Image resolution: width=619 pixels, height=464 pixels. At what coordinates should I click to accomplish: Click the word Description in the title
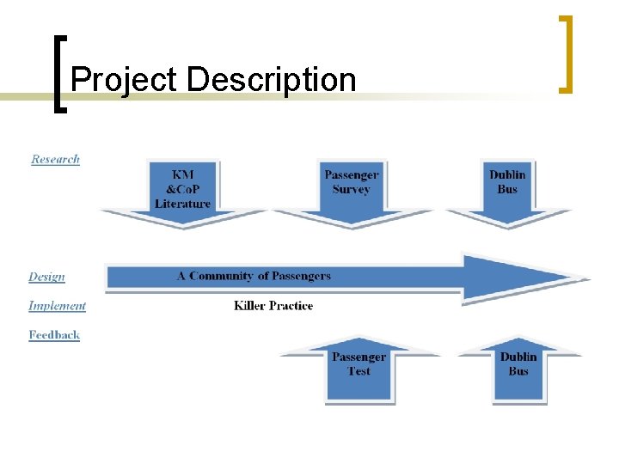click(271, 80)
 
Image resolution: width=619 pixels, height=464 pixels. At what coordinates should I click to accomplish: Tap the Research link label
click(55, 159)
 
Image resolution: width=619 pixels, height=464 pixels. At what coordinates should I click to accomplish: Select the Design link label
click(46, 277)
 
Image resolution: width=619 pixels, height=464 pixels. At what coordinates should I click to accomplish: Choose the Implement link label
click(57, 306)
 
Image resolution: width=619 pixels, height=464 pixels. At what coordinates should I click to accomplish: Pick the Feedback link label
click(54, 335)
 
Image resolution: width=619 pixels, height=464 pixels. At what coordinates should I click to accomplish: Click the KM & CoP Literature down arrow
click(182, 192)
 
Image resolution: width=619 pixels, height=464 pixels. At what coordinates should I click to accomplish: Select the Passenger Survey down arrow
click(351, 192)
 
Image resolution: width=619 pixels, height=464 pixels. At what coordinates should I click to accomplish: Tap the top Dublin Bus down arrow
click(507, 192)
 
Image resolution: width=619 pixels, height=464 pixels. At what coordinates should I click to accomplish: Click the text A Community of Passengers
click(254, 276)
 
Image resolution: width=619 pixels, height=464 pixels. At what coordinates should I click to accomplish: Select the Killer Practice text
click(273, 306)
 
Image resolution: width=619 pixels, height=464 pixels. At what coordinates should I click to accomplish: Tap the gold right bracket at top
click(565, 53)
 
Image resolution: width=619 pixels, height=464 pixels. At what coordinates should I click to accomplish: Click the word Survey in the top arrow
click(351, 189)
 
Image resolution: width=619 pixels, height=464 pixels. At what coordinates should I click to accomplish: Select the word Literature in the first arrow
click(182, 204)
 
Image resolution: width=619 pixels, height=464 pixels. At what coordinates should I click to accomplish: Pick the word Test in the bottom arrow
click(359, 371)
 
